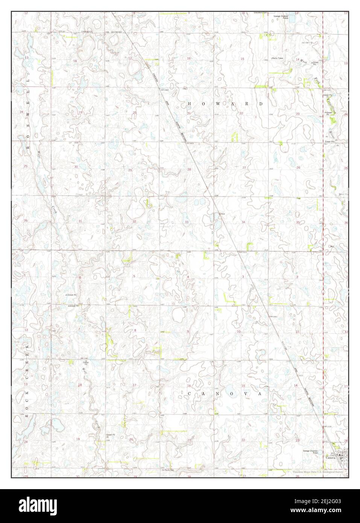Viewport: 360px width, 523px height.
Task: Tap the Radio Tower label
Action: (278, 58)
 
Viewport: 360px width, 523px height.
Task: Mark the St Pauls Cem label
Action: (168, 470)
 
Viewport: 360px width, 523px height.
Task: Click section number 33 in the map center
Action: (187, 222)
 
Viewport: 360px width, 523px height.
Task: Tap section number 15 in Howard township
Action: (242, 59)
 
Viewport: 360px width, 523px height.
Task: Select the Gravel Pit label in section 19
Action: (110, 434)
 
